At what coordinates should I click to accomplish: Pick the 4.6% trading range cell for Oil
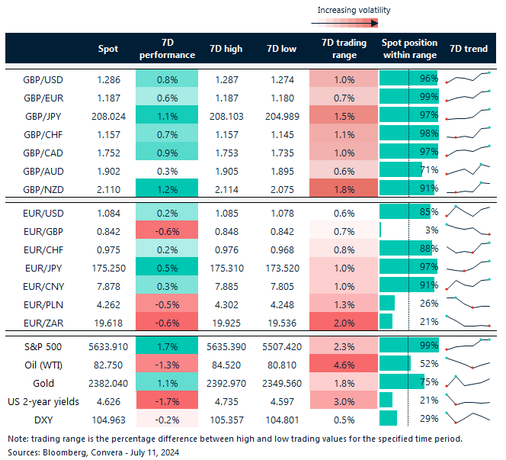[344, 363]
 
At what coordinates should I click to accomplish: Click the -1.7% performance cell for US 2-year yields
[166, 400]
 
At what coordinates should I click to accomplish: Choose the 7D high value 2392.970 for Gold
[226, 381]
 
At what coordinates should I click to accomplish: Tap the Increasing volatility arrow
[342, 24]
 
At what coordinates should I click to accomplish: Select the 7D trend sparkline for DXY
[468, 417]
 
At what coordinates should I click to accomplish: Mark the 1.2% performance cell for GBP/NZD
[166, 188]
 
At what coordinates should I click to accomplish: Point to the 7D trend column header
[469, 49]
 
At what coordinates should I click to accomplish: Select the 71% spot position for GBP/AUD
[428, 170]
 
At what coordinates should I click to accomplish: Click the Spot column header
[108, 49]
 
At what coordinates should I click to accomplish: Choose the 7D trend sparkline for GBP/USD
[468, 78]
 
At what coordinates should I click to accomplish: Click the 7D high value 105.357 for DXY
[226, 418]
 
